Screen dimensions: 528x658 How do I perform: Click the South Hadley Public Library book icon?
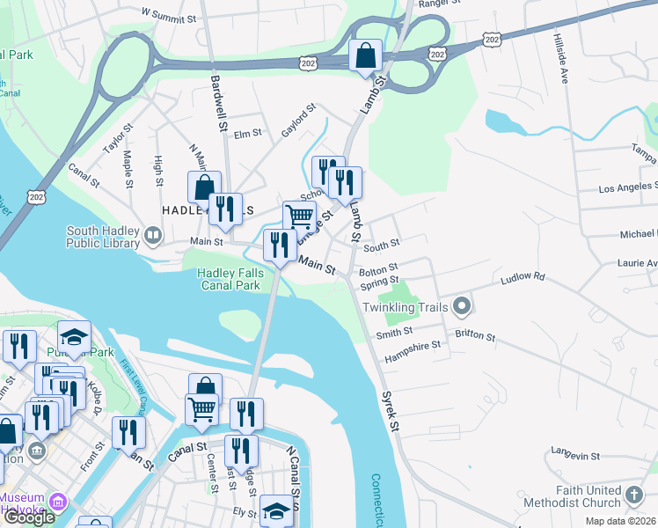153,235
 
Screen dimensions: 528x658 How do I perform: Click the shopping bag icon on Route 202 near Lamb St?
365,55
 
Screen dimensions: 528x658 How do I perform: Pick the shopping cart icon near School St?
299,215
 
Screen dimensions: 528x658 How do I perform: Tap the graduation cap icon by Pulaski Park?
74,335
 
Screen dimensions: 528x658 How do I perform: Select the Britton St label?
475,337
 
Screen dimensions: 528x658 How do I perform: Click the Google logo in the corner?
30,517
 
